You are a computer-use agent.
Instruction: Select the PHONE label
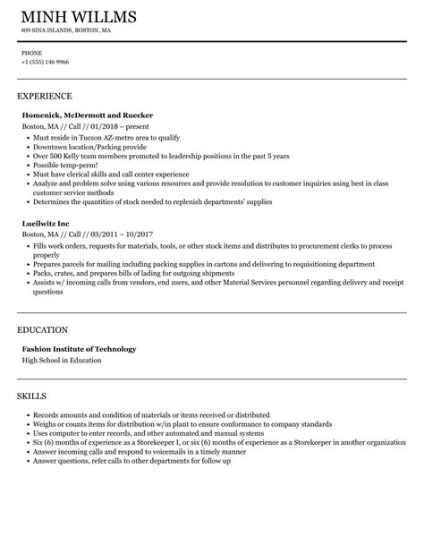point(31,52)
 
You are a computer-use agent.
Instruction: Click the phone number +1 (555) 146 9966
point(46,62)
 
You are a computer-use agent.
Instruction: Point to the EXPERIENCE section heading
point(45,95)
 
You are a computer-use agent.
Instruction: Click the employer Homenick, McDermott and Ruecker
point(87,115)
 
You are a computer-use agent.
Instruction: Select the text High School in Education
point(62,360)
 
